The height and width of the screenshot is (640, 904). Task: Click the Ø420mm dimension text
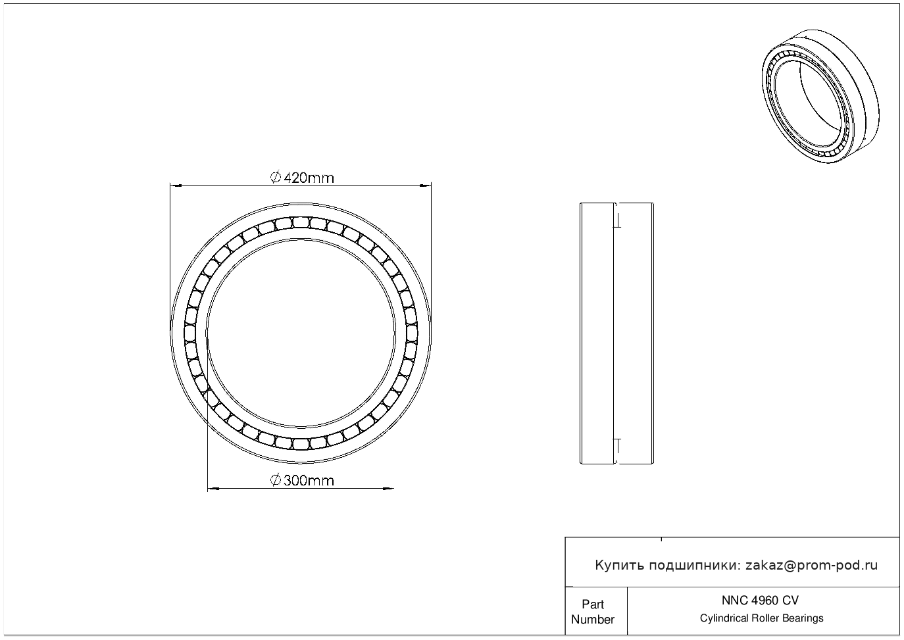pyautogui.click(x=302, y=178)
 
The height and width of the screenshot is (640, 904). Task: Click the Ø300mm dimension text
pyautogui.click(x=302, y=481)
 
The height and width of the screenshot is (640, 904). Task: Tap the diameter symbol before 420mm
pyautogui.click(x=276, y=178)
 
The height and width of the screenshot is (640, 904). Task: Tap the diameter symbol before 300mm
pyautogui.click(x=276, y=480)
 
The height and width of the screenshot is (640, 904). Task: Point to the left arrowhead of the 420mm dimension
pyautogui.click(x=176, y=186)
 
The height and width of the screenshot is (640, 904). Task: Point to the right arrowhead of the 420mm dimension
pyautogui.click(x=426, y=186)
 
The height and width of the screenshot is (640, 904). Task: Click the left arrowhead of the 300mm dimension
pyautogui.click(x=213, y=489)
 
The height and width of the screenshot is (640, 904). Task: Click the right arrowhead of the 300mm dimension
pyautogui.click(x=388, y=489)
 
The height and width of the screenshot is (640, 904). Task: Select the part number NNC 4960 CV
pyautogui.click(x=761, y=601)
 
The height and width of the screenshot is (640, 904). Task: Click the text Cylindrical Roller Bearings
pyautogui.click(x=761, y=618)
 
